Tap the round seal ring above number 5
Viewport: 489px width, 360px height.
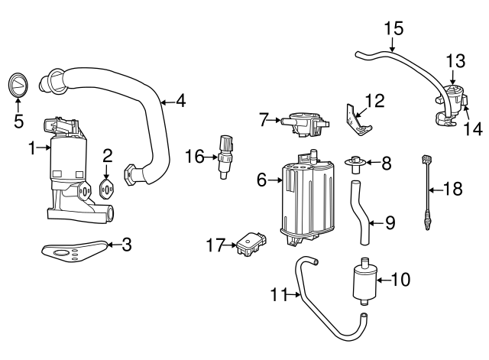tap(18, 83)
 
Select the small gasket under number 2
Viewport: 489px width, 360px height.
tap(107, 188)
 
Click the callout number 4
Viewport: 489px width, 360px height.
tap(180, 100)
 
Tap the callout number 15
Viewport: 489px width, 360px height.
tap(393, 29)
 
